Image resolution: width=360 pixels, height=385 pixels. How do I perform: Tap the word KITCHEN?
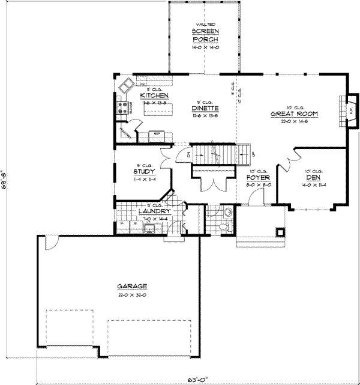point(154,96)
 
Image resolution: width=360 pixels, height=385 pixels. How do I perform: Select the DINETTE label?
point(205,108)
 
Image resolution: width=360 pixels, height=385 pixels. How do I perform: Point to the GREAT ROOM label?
point(293,113)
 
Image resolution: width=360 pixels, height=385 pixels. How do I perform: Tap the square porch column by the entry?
point(280,231)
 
